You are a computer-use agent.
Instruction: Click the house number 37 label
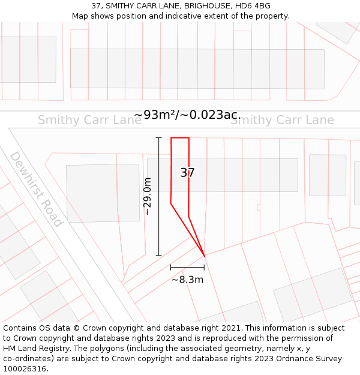pyautogui.click(x=187, y=173)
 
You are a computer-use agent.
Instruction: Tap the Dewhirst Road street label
pyautogui.click(x=36, y=188)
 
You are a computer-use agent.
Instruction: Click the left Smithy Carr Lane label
pyautogui.click(x=89, y=120)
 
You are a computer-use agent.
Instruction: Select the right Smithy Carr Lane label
pyautogui.click(x=281, y=120)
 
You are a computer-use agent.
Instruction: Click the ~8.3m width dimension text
pyautogui.click(x=187, y=279)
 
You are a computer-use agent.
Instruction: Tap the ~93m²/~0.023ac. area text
pyautogui.click(x=187, y=115)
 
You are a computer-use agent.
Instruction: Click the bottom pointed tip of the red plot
pyautogui.click(x=205, y=256)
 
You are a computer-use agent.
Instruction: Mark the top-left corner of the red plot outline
pyautogui.click(x=172, y=138)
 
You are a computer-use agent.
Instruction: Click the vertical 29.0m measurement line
pyautogui.click(x=159, y=197)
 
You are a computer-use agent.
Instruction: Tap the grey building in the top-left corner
pyautogui.click(x=28, y=59)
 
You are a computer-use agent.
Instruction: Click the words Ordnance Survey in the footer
pyautogui.click(x=313, y=359)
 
